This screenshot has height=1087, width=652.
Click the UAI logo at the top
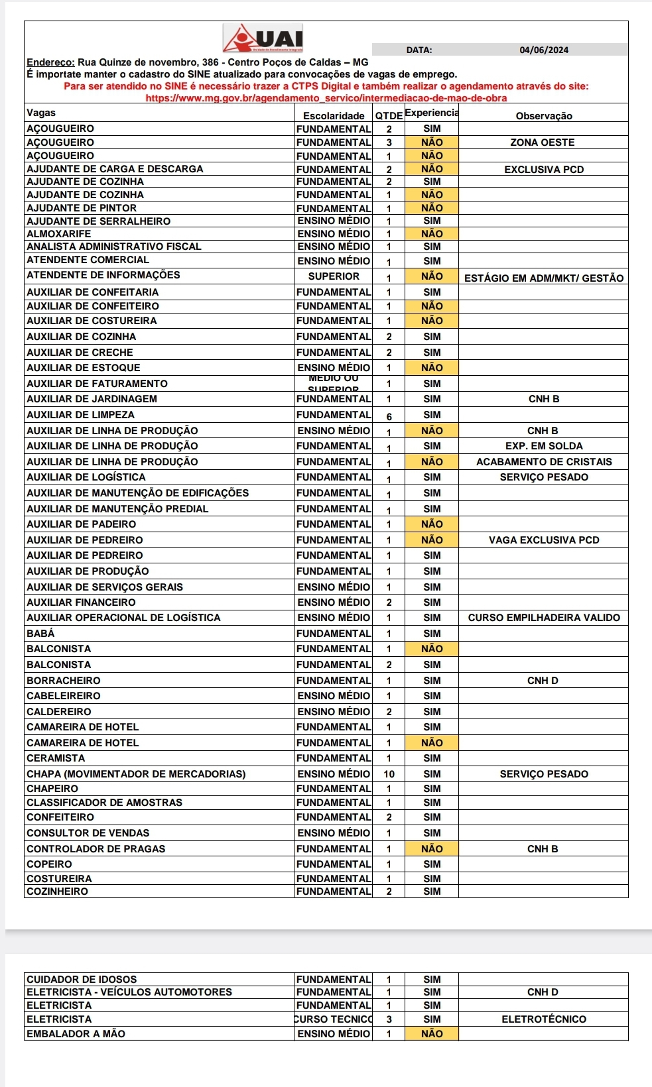[x=263, y=39]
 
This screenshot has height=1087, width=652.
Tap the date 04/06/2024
[x=544, y=50]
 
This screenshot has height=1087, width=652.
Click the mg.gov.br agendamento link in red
[x=326, y=98]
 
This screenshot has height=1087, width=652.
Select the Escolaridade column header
[x=334, y=116]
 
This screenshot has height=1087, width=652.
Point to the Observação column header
[x=544, y=116]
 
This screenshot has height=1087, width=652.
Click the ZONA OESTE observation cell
[x=543, y=143]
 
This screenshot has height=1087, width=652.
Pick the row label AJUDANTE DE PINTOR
[x=82, y=208]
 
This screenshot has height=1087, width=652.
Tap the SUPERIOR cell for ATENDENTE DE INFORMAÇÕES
[x=334, y=276]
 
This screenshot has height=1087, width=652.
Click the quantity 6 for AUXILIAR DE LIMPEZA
[x=389, y=416]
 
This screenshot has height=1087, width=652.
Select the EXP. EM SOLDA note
[x=544, y=446]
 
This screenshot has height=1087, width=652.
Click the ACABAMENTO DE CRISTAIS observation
[x=544, y=462]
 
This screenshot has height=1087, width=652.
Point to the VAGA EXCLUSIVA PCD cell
[x=544, y=540]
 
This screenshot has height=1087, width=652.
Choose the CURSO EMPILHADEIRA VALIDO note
[x=544, y=618]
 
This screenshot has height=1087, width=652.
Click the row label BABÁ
[x=40, y=634]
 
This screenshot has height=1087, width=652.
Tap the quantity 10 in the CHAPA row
[x=389, y=774]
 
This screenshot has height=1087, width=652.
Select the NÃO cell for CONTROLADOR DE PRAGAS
[x=432, y=849]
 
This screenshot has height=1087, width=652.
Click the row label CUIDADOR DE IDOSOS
[x=82, y=980]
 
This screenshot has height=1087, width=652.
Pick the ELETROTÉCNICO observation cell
[x=544, y=1019]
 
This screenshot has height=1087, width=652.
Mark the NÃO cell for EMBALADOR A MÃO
[x=432, y=1034]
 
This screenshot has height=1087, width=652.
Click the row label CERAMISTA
[x=56, y=758]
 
